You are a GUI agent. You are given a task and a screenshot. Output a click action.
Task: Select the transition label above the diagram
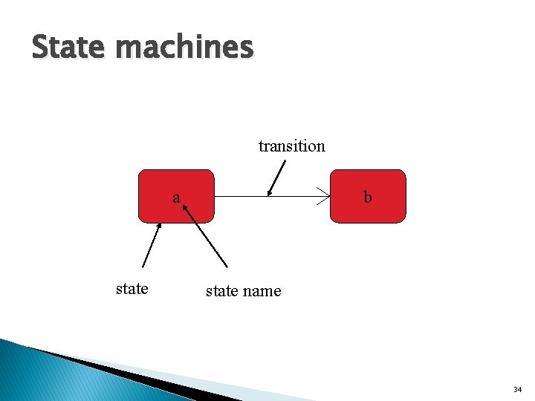291,146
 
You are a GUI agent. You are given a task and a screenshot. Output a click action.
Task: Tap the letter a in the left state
176,198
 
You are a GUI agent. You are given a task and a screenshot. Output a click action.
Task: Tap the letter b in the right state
367,198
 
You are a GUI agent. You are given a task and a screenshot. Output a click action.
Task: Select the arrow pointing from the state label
152,245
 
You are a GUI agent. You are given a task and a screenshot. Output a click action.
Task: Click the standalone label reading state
132,289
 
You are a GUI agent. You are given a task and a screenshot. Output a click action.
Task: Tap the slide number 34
517,389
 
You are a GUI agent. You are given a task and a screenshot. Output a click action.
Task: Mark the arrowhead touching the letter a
186,210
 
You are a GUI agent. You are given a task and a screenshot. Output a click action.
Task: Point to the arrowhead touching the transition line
270,192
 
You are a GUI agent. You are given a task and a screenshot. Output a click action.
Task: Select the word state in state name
221,291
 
